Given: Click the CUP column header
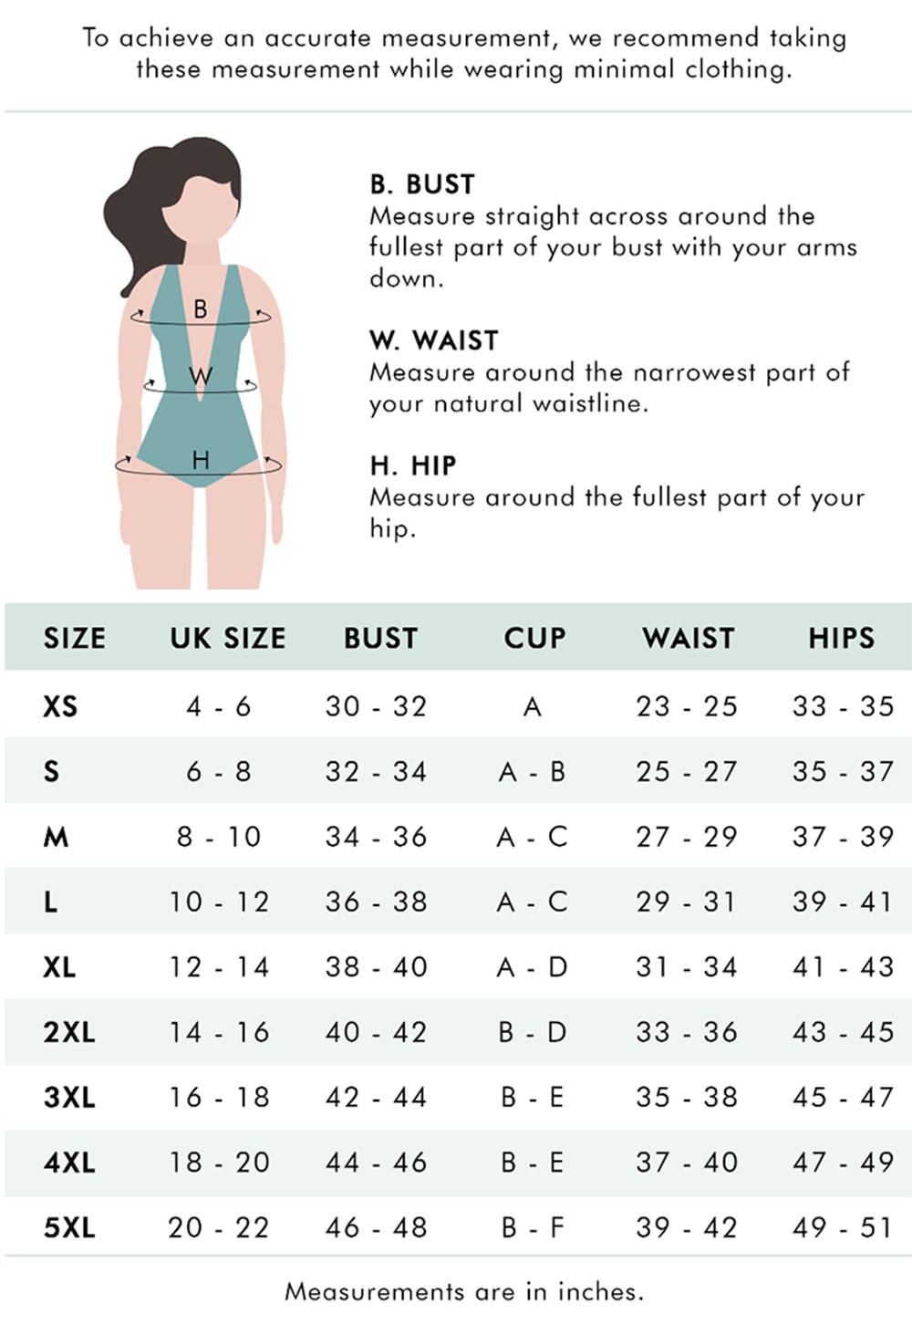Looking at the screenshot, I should [534, 638].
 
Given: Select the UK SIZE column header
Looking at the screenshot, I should [228, 638].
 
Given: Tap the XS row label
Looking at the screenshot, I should [60, 706].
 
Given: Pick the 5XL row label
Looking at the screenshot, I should [69, 1227].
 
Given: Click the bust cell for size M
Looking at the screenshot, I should [376, 837].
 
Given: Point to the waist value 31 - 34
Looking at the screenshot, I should [687, 967].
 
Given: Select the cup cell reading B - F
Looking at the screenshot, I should [533, 1227].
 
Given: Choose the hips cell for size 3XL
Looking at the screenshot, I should [843, 1097].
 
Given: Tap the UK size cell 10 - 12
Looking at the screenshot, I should [219, 902].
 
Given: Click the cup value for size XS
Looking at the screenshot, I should [533, 706].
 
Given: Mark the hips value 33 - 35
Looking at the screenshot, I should [843, 706].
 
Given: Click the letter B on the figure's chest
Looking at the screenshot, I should [201, 309].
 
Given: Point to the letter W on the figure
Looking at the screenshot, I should [201, 376].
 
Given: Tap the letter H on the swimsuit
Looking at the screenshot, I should [201, 460].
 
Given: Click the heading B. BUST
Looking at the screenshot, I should [422, 184].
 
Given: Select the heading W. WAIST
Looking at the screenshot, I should [434, 340].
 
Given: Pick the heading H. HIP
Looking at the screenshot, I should [413, 465].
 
